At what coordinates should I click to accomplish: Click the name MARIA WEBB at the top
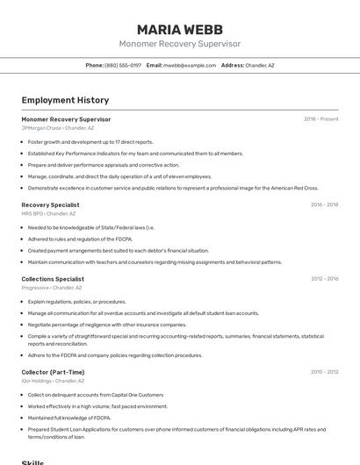pos(179,29)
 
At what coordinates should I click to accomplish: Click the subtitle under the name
pos(179,44)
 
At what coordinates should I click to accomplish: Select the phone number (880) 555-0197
pos(123,66)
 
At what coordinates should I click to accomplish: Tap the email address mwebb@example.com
pos(189,66)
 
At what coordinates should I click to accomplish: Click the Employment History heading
pos(65,100)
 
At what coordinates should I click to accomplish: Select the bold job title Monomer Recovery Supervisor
pos(66,119)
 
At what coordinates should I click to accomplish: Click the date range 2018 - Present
pos(320,119)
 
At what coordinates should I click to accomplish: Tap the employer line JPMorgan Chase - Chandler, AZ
pos(58,128)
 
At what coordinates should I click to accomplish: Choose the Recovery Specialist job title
pos(50,204)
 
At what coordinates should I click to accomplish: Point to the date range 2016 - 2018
pos(324,204)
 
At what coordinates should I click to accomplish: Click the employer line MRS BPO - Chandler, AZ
pos(48,213)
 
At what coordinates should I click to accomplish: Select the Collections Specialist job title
pos(53,279)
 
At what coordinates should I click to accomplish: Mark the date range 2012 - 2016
pos(324,279)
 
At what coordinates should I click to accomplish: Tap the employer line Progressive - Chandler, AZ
pos(51,288)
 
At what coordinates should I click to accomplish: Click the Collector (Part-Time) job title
pos(53,372)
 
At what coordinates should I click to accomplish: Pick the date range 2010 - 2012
pos(324,372)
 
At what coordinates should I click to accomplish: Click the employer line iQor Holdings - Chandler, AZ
pos(53,381)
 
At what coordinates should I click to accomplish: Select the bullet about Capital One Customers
pos(96,395)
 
